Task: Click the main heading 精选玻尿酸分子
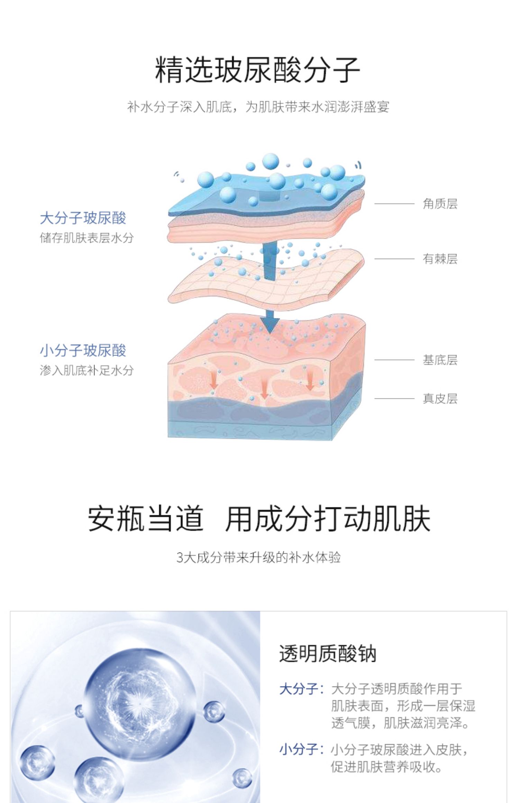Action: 258,70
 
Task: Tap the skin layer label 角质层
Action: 440,204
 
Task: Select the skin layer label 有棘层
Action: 440,259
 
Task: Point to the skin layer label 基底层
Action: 440,360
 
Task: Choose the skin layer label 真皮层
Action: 440,399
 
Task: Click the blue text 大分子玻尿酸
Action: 83,218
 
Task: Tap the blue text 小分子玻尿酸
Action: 83,350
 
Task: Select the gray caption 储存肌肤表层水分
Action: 86,238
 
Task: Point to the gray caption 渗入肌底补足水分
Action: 86,370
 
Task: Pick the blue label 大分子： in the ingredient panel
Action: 301,689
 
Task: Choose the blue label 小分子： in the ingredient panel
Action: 301,749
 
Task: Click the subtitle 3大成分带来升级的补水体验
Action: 258,557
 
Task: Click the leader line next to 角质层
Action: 394,204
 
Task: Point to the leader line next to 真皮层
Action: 394,399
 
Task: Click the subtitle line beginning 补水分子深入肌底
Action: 258,107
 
